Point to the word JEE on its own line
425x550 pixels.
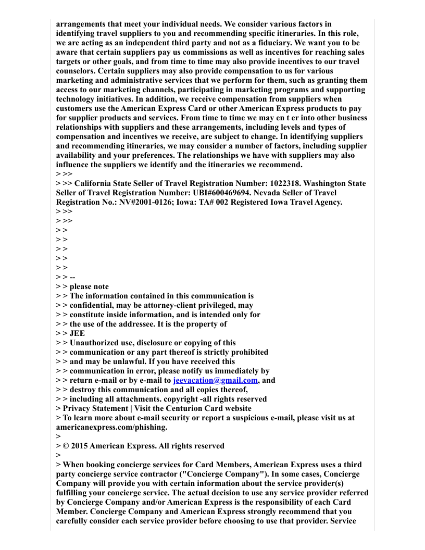(77, 333)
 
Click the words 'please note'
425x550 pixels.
(89, 286)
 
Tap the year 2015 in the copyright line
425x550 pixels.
(80, 446)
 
